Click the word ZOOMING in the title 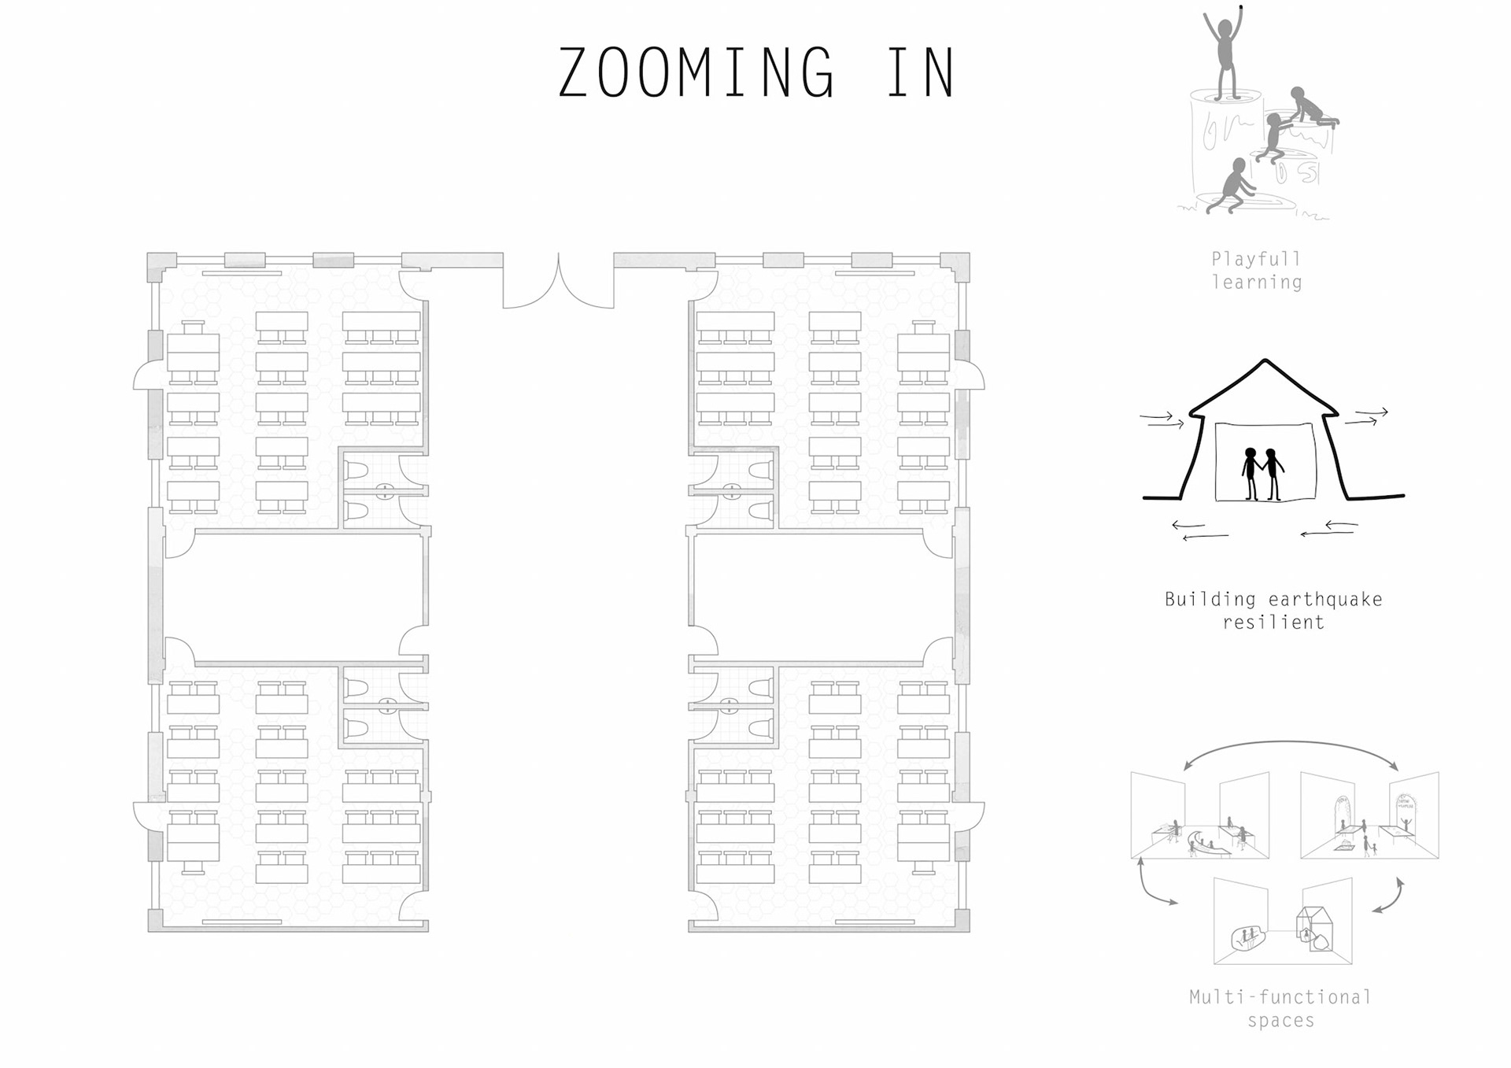click(x=696, y=72)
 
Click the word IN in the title click(x=921, y=72)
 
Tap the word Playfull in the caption click(x=1256, y=259)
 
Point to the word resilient click(x=1273, y=623)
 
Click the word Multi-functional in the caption click(x=1280, y=997)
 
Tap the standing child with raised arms click(x=1224, y=53)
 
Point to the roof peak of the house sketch click(x=1264, y=361)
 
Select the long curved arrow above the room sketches click(x=1291, y=742)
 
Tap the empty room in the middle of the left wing click(x=295, y=598)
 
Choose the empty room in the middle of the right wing click(x=822, y=598)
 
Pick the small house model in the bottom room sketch click(x=1314, y=930)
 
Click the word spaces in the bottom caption click(x=1280, y=1021)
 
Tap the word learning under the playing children click(x=1257, y=283)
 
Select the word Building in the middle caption click(x=1210, y=600)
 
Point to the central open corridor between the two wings click(x=559, y=614)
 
